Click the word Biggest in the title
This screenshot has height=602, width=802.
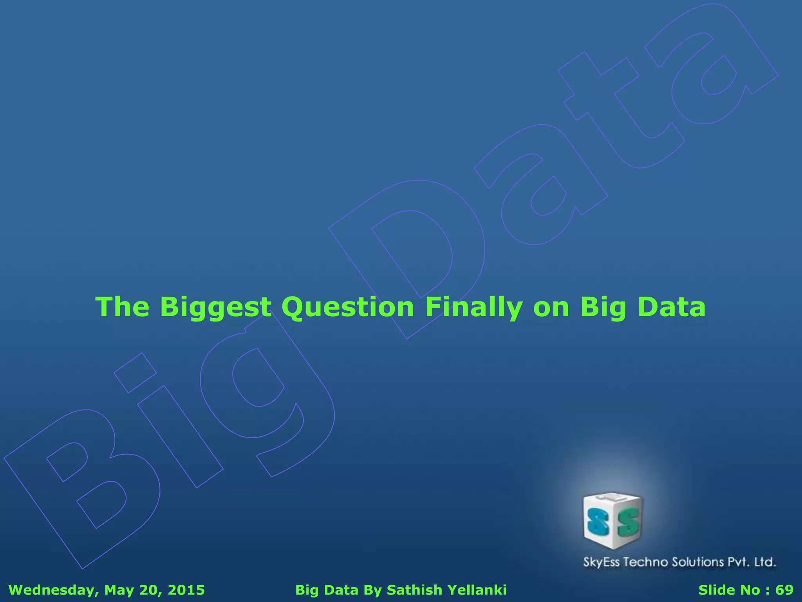(x=215, y=307)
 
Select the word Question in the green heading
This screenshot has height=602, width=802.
(x=347, y=307)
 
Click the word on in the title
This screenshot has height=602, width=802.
(x=551, y=307)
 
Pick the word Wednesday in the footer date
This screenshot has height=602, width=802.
(x=51, y=590)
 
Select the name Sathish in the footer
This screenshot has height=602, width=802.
(x=414, y=590)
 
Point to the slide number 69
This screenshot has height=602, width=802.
(x=784, y=590)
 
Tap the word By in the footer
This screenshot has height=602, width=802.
(x=372, y=590)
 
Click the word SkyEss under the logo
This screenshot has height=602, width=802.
(x=601, y=562)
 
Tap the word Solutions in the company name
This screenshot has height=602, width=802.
(x=698, y=562)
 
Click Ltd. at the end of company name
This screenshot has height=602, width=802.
(x=765, y=562)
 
